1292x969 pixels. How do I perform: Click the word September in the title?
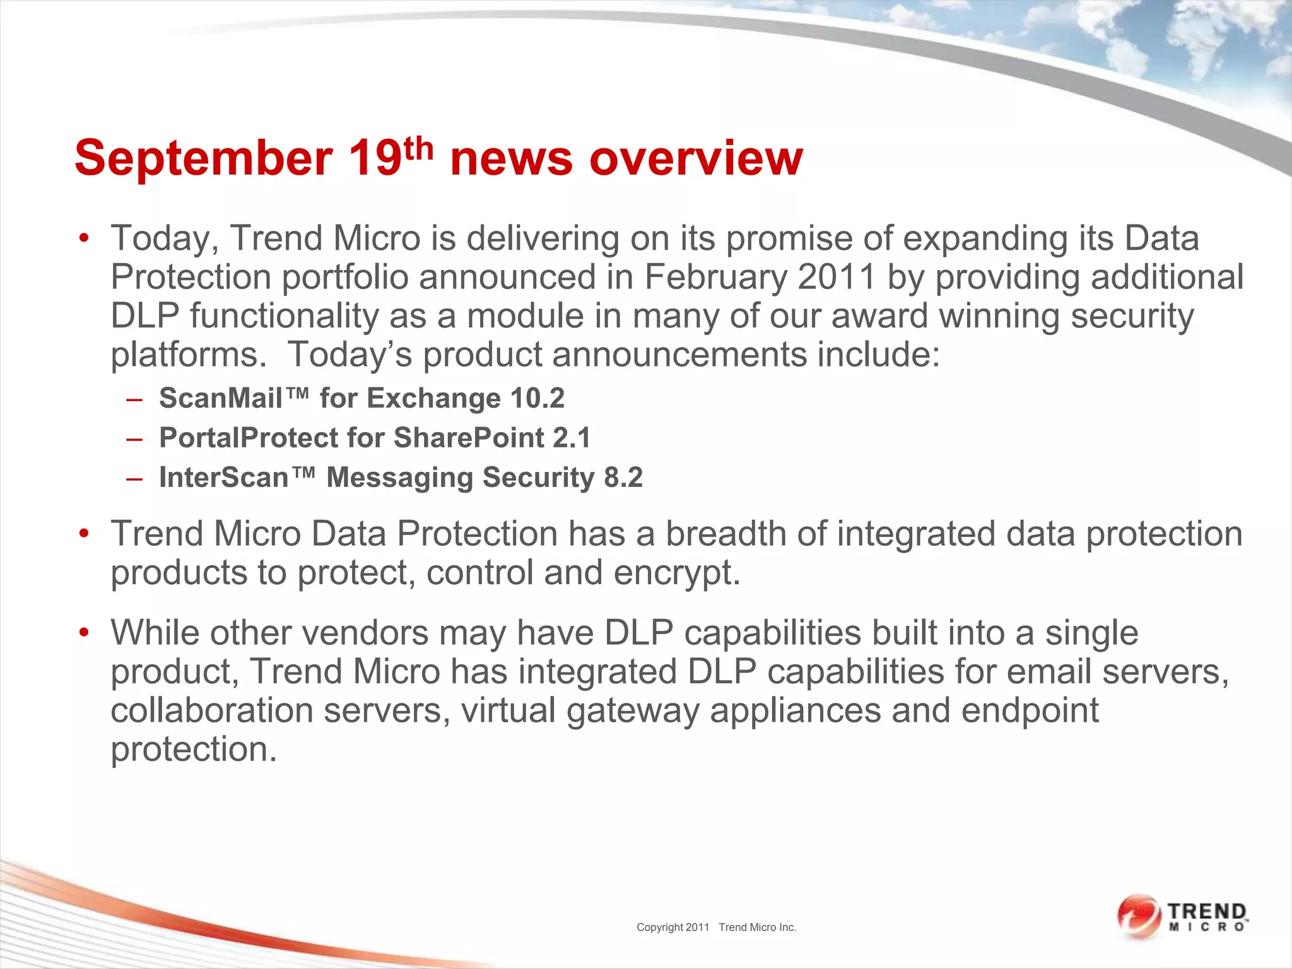tap(203, 158)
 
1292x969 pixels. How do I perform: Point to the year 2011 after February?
tap(837, 277)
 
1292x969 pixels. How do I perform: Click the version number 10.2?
tap(537, 398)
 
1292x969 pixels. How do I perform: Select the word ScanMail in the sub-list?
tap(221, 398)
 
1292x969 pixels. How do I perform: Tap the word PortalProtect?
tap(248, 438)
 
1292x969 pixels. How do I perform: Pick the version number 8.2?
tap(623, 478)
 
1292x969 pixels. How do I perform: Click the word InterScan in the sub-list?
tap(224, 478)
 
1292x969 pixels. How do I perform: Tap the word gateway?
tap(633, 710)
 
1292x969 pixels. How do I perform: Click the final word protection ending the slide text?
tap(194, 749)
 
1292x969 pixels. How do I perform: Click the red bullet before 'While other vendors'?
tap(85, 632)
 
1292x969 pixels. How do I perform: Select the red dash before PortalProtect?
tap(134, 438)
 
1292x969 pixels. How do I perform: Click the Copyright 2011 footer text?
tap(672, 927)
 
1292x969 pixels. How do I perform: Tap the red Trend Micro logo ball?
tap(1137, 915)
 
